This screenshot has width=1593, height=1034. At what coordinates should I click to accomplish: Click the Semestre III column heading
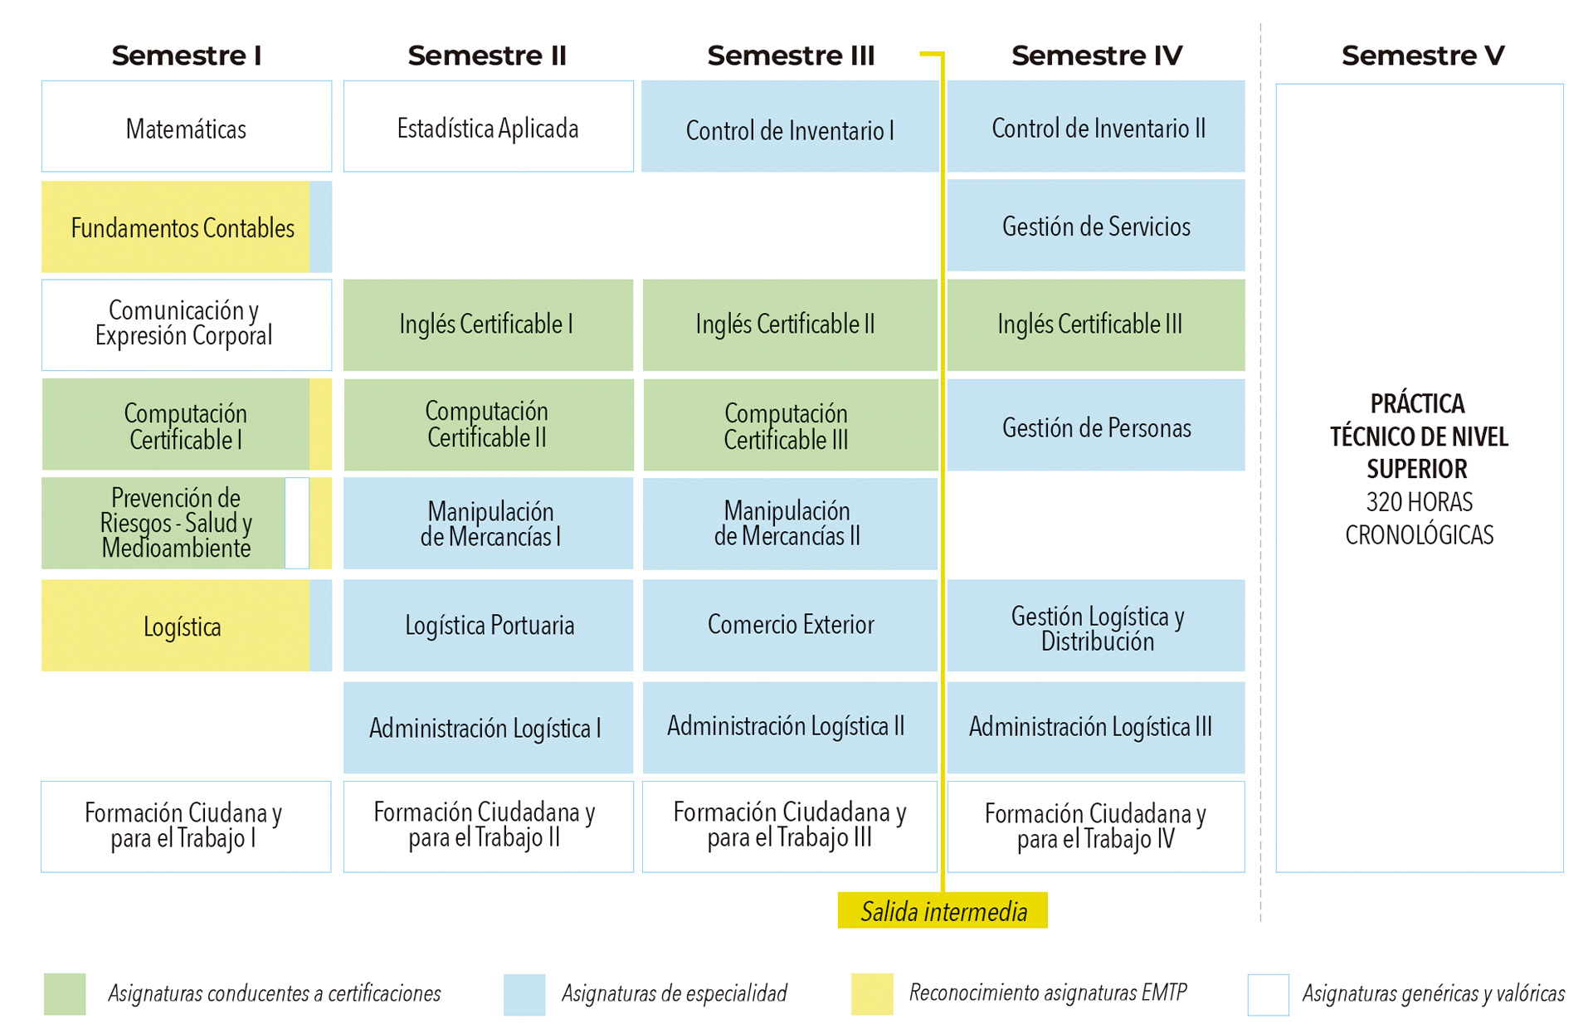click(791, 56)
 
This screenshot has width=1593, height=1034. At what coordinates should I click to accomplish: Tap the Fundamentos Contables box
click(183, 227)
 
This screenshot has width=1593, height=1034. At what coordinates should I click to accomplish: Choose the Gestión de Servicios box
click(1097, 226)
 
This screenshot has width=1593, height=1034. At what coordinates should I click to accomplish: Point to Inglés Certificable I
click(488, 324)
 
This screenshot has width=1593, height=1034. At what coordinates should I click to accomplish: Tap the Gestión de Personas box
click(1097, 427)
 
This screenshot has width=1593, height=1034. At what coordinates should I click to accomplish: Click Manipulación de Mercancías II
click(788, 524)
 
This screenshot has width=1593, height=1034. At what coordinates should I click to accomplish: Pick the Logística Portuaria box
click(489, 625)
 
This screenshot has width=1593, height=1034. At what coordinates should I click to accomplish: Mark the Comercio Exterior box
click(790, 625)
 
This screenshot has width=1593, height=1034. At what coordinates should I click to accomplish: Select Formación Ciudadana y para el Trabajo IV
click(1095, 827)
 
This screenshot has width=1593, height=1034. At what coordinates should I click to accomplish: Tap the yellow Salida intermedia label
click(943, 911)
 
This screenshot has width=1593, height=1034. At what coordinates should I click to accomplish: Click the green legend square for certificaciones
click(65, 994)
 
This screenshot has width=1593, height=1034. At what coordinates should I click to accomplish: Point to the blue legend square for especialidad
click(524, 994)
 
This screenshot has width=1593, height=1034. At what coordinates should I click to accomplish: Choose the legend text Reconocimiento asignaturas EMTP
click(1047, 993)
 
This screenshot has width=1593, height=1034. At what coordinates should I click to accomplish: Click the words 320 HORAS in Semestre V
click(1419, 502)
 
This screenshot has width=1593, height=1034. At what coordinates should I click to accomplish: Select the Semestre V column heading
click(1422, 56)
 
